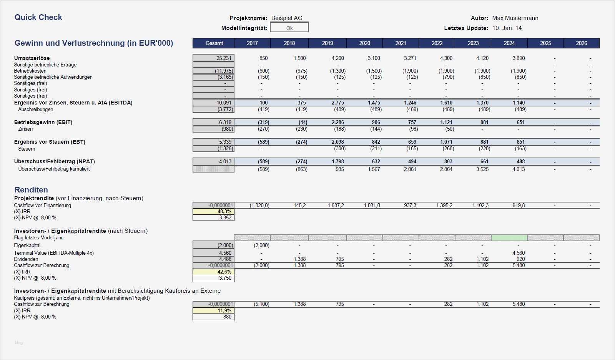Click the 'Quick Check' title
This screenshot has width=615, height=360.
coord(38,17)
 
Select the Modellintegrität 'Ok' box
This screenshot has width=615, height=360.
coord(289,28)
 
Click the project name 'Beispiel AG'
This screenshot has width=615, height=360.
coord(287,18)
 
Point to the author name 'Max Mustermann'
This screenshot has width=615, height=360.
coord(515,18)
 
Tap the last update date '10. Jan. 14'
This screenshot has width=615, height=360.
coord(507,28)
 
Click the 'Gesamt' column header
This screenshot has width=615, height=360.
coord(214,43)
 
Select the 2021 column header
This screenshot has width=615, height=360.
coord(401,43)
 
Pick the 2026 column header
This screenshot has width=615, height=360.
coord(581,43)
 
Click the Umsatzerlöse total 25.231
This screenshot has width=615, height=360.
coord(224,58)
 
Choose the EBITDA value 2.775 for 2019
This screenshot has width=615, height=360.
coord(337,103)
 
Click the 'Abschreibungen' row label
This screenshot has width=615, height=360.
coord(36,109)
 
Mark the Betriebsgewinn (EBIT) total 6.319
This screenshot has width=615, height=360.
coord(225,122)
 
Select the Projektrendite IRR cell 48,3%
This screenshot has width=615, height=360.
coord(224,211)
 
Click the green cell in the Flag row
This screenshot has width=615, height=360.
coord(509,238)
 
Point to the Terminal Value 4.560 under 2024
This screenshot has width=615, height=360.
coord(518,253)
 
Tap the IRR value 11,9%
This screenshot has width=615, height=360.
coord(224,310)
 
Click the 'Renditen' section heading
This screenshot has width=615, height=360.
coord(31,189)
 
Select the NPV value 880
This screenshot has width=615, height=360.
coord(227,317)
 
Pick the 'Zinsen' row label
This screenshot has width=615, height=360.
coord(25,129)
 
